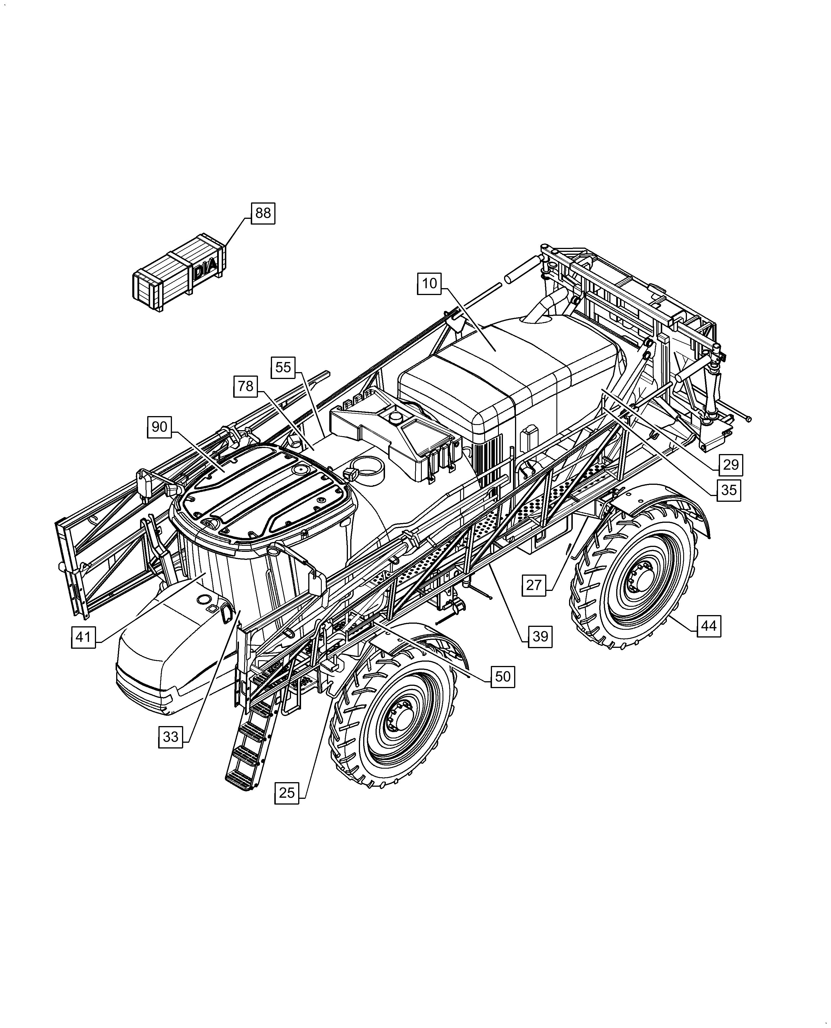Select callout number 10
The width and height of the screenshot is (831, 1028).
[429, 284]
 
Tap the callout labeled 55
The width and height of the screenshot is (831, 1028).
[283, 367]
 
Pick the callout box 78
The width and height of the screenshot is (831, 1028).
[246, 386]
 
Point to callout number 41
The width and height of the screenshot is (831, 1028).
[83, 637]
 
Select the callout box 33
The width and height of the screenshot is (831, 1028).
[171, 736]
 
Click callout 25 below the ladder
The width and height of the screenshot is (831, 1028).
[287, 793]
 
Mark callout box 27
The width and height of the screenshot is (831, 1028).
[534, 585]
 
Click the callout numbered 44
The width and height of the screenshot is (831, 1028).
[709, 625]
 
